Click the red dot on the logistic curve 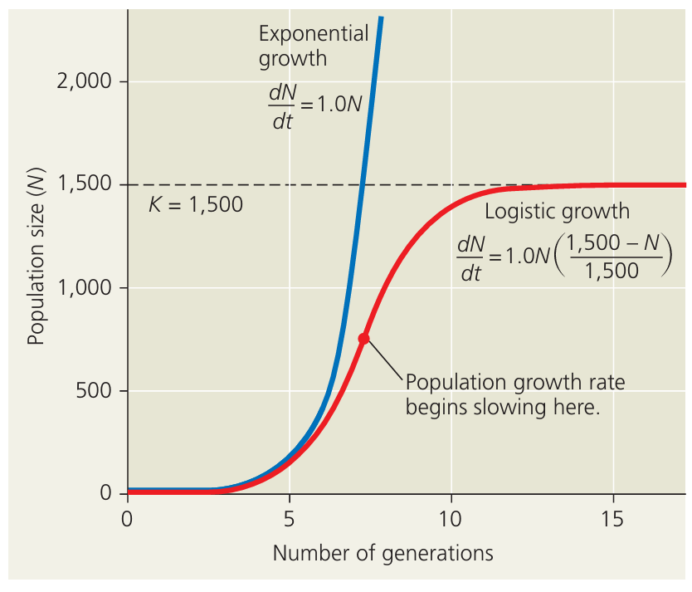pyautogui.click(x=363, y=338)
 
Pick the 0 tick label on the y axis pyautogui.click(x=105, y=494)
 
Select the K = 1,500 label pyautogui.click(x=196, y=204)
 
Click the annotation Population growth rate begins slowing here pyautogui.click(x=514, y=394)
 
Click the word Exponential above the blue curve pyautogui.click(x=314, y=34)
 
